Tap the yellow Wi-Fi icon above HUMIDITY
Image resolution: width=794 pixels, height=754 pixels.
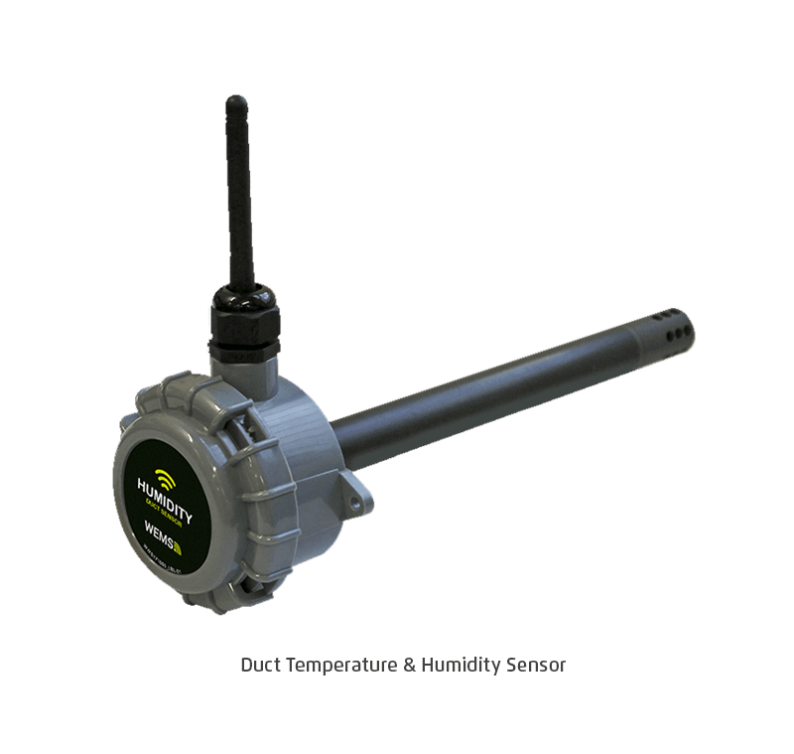[166, 480]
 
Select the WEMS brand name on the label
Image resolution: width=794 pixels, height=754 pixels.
[159, 544]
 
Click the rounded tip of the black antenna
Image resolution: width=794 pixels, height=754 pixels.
[236, 102]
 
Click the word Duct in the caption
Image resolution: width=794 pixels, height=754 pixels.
[261, 665]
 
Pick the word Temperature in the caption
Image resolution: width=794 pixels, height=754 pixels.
[341, 665]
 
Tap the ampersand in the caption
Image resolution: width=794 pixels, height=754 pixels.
[409, 665]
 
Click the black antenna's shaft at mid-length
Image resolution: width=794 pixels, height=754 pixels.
[239, 199]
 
